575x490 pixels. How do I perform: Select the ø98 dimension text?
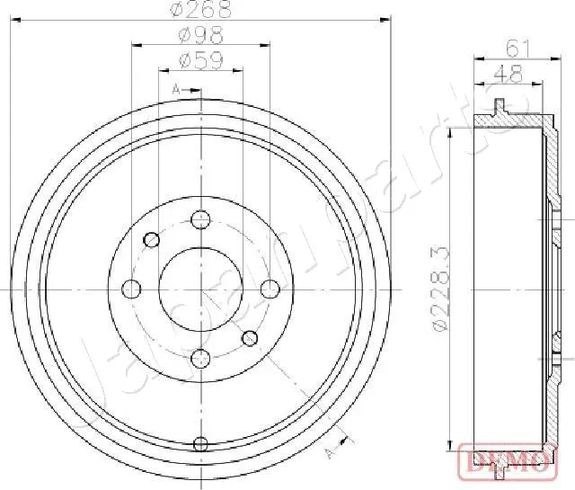(x=199, y=36)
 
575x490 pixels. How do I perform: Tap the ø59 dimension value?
(x=199, y=61)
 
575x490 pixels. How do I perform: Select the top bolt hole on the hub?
(x=200, y=219)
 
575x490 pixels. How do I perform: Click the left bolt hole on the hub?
(x=131, y=289)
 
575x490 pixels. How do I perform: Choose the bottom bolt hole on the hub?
(x=200, y=358)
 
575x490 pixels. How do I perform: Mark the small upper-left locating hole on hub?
(x=152, y=239)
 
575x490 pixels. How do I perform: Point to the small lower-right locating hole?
(x=250, y=338)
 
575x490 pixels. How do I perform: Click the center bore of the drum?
(x=200, y=289)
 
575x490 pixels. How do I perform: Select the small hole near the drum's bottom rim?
(x=200, y=443)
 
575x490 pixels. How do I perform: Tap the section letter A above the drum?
(x=176, y=89)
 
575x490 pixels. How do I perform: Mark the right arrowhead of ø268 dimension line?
(x=387, y=16)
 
